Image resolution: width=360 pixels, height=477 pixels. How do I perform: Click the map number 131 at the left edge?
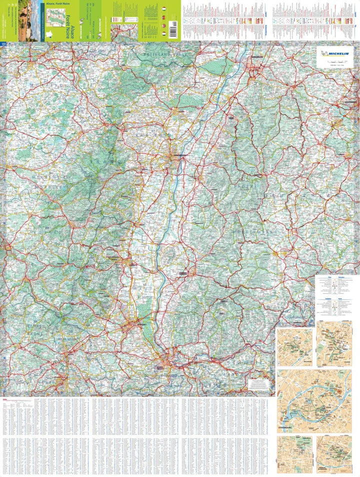[4, 44]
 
